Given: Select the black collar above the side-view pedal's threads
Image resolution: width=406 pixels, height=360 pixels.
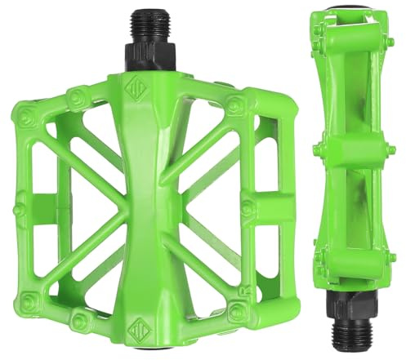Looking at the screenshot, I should click(x=347, y=305).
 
